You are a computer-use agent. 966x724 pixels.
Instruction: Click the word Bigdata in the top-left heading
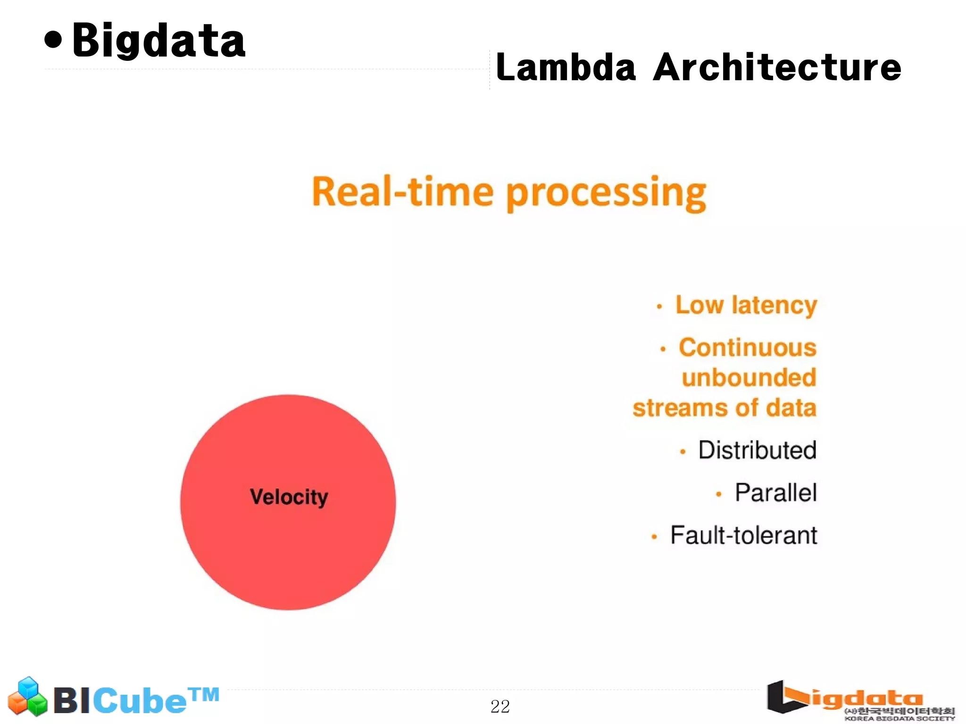coord(158,41)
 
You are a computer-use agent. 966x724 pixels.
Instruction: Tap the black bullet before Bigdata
coord(53,40)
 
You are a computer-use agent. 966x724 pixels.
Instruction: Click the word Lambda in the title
coord(566,67)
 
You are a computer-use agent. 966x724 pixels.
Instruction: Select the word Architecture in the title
coord(777,67)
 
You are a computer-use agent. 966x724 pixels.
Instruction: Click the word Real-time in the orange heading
coord(402,192)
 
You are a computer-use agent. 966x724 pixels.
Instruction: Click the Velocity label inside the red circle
coord(289,497)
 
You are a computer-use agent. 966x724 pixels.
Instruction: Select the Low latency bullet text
coord(746,305)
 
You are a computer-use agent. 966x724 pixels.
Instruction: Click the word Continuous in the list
coord(747,348)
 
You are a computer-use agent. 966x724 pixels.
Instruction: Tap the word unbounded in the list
coord(749,378)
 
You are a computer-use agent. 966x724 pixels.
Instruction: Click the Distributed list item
coord(757,450)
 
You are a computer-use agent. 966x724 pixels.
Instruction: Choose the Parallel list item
coord(775,493)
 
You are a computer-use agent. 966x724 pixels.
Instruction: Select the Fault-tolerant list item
coord(743,535)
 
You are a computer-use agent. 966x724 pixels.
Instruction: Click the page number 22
coord(500,706)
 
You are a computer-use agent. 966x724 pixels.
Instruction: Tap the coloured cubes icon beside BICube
coord(28,697)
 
